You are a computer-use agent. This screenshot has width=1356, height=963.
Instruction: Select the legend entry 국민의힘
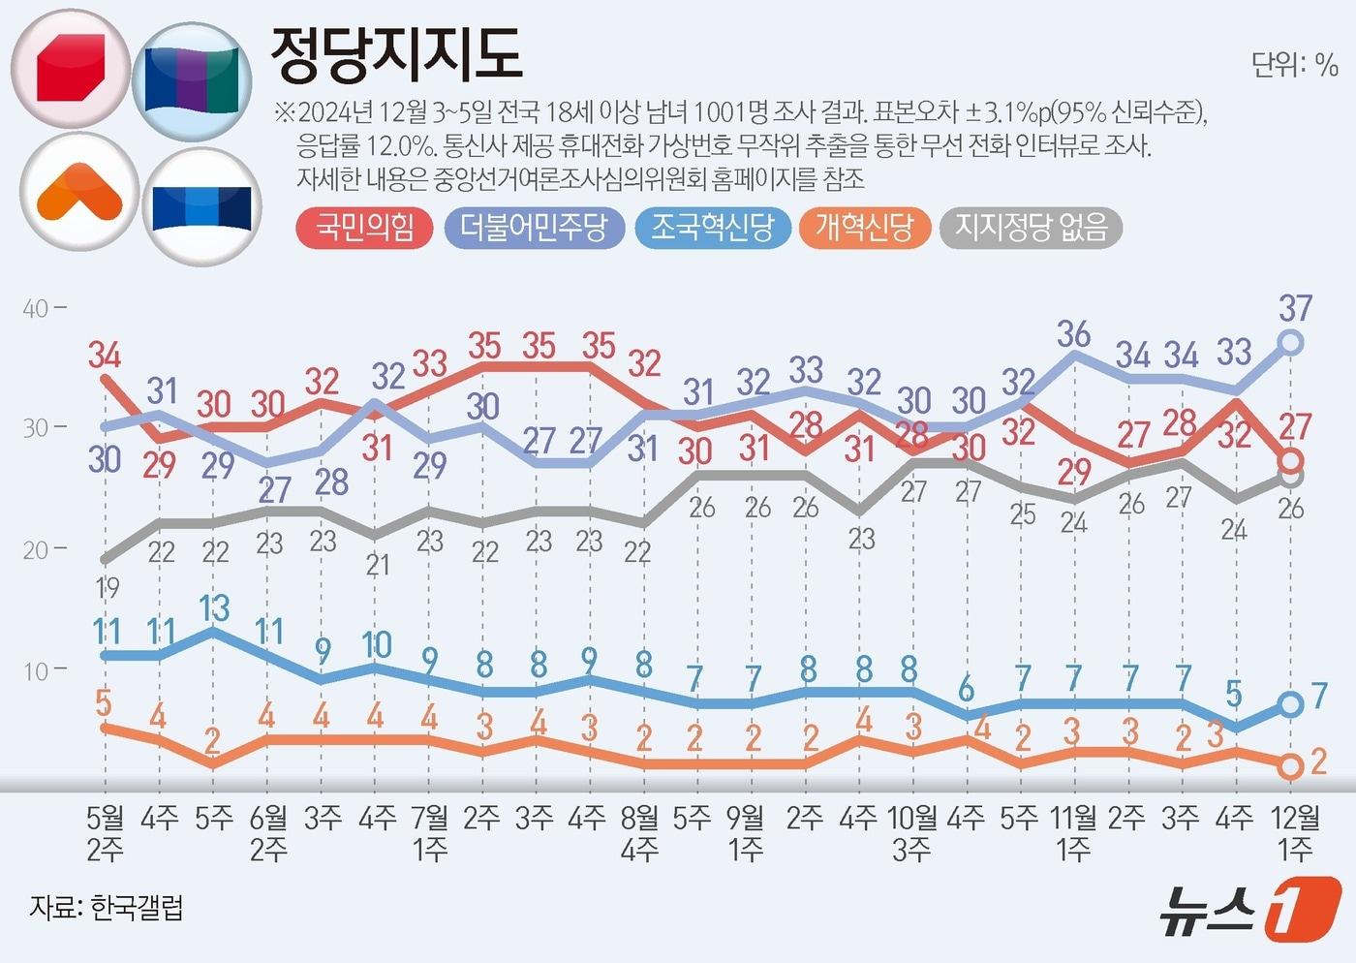364,229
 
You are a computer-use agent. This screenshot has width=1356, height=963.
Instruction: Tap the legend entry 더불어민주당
534,229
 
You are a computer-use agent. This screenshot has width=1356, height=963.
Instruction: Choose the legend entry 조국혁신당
712,229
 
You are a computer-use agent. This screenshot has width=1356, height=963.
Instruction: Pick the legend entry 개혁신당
864,229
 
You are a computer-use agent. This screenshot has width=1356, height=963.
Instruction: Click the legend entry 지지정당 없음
1031,229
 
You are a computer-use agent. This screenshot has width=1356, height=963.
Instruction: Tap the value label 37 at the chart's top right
1295,309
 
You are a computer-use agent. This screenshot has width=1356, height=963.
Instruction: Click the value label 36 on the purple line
1073,334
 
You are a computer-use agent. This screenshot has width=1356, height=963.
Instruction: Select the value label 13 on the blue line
214,608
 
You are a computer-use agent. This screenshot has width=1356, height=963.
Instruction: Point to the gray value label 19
107,587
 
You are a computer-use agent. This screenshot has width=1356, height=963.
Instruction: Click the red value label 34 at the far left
105,356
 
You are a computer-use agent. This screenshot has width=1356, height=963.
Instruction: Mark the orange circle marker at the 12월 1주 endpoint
1289,766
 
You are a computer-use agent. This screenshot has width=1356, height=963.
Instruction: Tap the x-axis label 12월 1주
1295,833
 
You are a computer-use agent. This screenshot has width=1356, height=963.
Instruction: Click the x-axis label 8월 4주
639,833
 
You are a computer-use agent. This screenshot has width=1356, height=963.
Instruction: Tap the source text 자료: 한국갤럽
107,909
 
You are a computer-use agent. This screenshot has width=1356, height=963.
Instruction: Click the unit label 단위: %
1294,65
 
